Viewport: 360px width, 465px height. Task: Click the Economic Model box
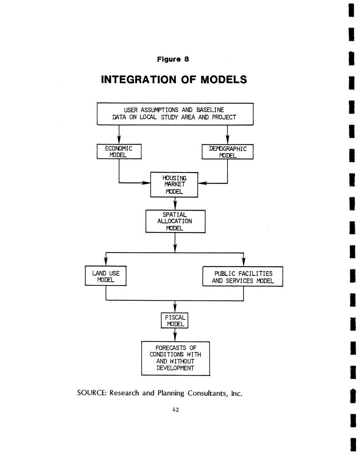click(119, 151)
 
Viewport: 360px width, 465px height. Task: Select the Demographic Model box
click(227, 152)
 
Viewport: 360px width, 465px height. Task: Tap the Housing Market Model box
click(174, 184)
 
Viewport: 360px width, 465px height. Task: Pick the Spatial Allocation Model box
click(175, 221)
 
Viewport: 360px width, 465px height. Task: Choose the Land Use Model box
click(106, 276)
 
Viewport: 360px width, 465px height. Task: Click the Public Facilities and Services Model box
click(243, 277)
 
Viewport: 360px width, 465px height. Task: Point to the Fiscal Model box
click(174, 320)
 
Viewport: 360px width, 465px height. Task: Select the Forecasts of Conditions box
click(175, 358)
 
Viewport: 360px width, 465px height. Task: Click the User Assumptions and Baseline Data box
click(175, 114)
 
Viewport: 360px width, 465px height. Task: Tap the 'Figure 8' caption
click(173, 59)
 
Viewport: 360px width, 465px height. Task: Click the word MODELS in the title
click(224, 80)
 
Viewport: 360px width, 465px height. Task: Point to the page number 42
click(175, 410)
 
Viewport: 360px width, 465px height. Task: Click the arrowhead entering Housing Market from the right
click(202, 183)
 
